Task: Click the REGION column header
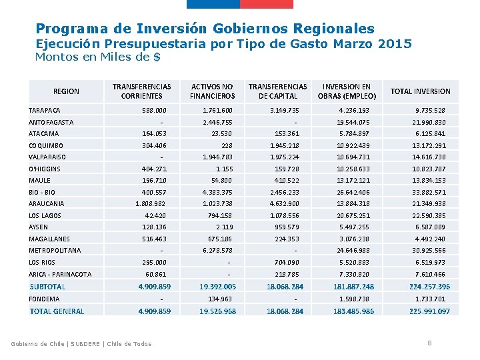65,91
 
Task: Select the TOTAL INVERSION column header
420,91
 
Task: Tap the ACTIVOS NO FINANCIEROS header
212,91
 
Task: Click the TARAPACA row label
45,110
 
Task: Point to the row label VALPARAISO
47,157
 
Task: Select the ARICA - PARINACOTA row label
60,274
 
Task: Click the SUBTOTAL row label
47,287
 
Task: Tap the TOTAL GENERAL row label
57,311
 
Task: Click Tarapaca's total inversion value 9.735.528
430,110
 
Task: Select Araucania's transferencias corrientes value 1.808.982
151,203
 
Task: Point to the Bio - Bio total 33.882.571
430,192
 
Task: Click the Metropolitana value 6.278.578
217,251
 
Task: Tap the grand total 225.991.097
429,311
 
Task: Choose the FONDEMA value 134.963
220,299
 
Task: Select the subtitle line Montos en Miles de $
97,57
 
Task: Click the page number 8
429,343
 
